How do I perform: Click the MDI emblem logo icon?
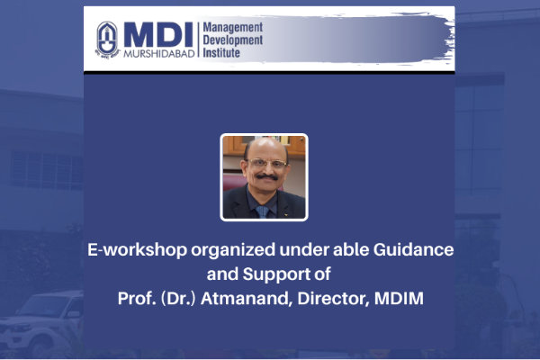(x=107, y=40)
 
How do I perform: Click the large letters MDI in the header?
(x=158, y=34)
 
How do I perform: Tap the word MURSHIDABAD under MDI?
(x=158, y=54)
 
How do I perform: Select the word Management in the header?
(x=233, y=28)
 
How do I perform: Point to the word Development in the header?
(x=233, y=40)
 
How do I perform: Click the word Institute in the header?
(x=221, y=53)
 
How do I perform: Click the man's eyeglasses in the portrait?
(x=266, y=163)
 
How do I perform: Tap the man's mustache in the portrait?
(x=267, y=177)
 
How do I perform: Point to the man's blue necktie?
(x=263, y=211)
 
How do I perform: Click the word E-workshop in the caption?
(x=138, y=250)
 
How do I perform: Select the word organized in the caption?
(x=233, y=250)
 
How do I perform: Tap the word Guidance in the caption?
(x=413, y=249)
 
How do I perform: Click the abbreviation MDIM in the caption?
(x=399, y=298)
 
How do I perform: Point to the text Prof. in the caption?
(x=137, y=298)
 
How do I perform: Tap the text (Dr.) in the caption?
(x=178, y=299)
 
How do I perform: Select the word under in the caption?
(x=304, y=250)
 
